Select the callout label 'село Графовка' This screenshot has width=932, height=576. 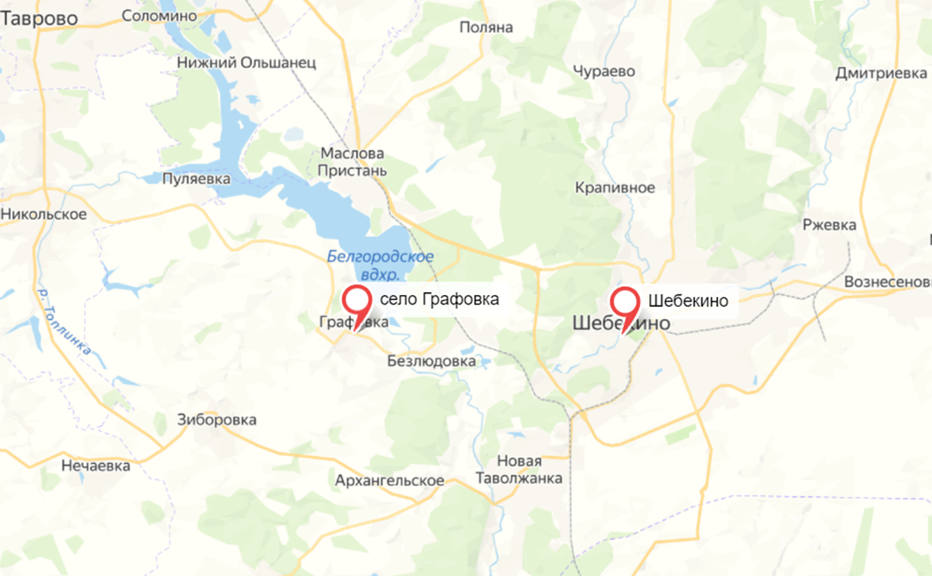click(439, 300)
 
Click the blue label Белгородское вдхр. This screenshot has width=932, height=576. click(380, 265)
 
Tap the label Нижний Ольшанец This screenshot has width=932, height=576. click(246, 62)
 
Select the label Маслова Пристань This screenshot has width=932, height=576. click(351, 162)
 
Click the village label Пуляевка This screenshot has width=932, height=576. click(196, 179)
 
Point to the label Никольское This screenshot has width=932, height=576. click(43, 214)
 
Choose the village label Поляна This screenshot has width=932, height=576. click(487, 28)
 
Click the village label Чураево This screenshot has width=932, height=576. click(604, 71)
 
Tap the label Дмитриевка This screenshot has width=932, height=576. click(881, 73)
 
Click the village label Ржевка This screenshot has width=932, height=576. click(829, 225)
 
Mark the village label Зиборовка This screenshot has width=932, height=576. click(217, 420)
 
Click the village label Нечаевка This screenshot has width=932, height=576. click(96, 466)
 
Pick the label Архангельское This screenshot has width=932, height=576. click(389, 481)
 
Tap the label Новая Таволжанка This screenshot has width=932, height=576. click(519, 469)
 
